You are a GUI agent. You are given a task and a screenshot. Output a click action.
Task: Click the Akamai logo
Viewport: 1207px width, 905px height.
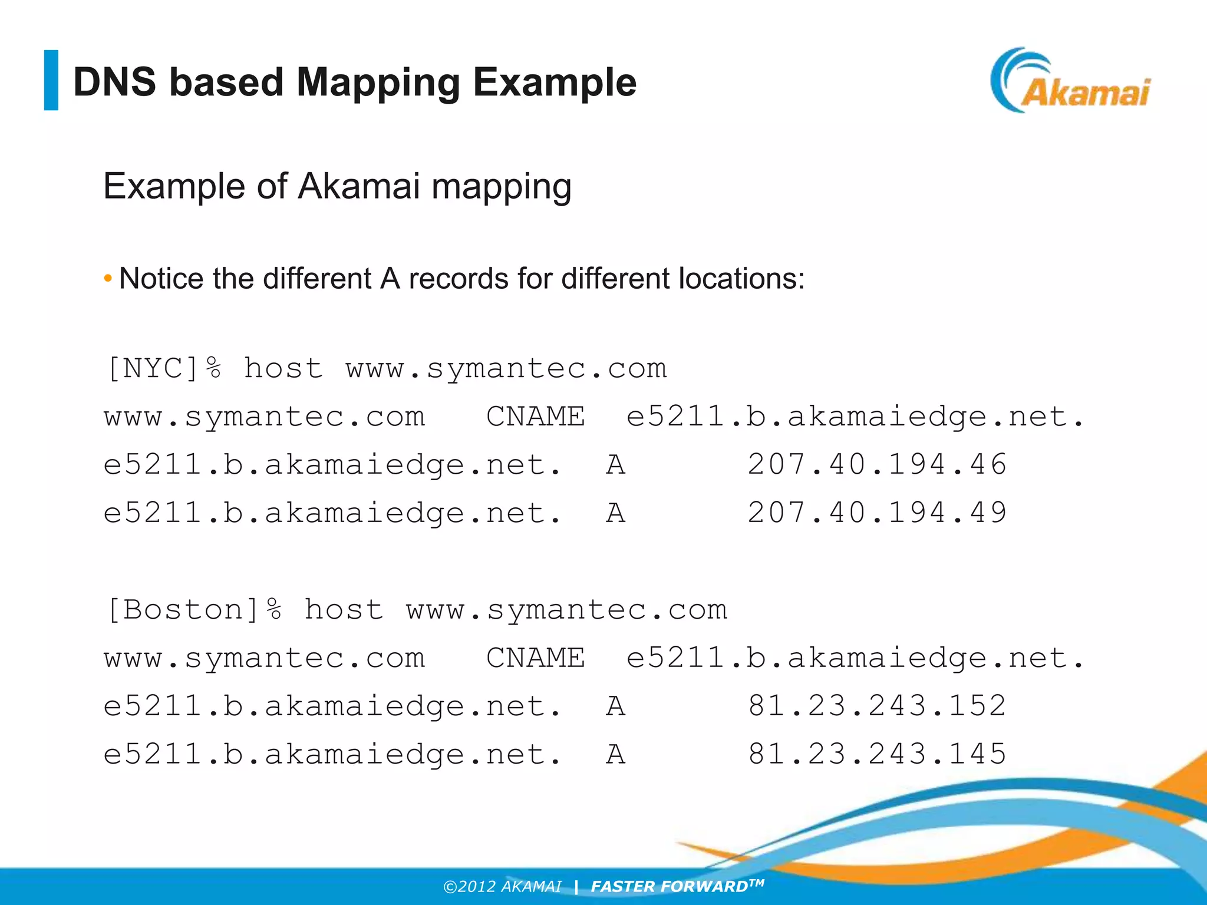coord(1070,81)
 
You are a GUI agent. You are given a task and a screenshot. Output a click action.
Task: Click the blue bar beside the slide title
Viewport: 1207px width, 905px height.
coord(51,80)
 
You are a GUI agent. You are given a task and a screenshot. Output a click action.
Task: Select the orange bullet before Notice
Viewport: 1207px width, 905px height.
coord(108,278)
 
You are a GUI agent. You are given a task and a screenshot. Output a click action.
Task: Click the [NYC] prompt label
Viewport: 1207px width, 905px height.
coord(153,369)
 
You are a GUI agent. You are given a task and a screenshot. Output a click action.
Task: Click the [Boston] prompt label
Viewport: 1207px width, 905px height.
coord(183,610)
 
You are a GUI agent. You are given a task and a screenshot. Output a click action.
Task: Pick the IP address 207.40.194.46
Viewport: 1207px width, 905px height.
coord(877,464)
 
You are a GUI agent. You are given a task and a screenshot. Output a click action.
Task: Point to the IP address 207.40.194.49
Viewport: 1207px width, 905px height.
coord(877,513)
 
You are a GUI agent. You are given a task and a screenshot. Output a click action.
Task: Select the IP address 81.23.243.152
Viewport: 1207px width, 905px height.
coord(877,706)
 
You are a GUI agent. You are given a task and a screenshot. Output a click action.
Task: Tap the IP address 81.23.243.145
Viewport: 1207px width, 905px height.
coord(877,754)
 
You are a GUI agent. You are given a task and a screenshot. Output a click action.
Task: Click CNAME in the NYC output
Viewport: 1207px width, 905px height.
coord(535,417)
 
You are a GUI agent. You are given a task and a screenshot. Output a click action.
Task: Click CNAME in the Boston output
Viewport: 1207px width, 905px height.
coord(535,658)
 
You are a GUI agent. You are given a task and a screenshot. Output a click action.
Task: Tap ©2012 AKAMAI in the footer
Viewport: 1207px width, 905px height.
coord(502,887)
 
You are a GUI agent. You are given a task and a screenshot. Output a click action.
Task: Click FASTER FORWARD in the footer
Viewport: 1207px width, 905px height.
coord(669,887)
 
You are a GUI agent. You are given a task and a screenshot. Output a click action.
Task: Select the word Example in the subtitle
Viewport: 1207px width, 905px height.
coord(174,187)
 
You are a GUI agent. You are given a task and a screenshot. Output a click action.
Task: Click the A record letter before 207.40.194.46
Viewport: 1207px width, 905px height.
coord(615,465)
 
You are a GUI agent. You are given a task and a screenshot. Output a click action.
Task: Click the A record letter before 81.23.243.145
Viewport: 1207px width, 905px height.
coord(615,754)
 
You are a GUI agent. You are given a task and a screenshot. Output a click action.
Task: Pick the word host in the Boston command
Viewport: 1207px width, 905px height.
coord(344,610)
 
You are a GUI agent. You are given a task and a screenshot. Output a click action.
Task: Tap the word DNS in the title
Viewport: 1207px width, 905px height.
coord(114,82)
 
